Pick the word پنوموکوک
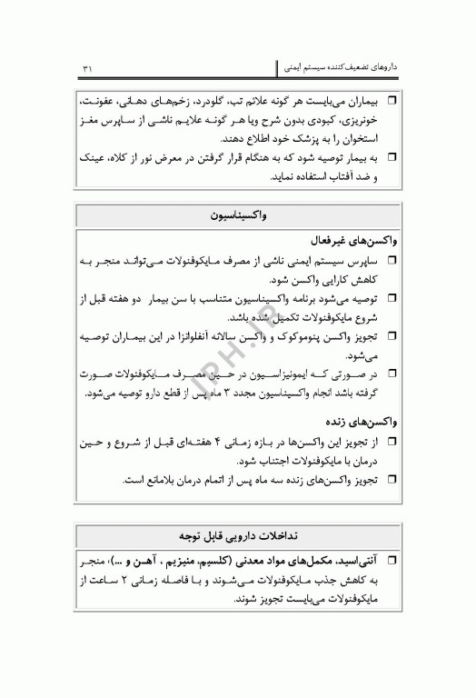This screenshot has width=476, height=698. [x=293, y=334]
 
